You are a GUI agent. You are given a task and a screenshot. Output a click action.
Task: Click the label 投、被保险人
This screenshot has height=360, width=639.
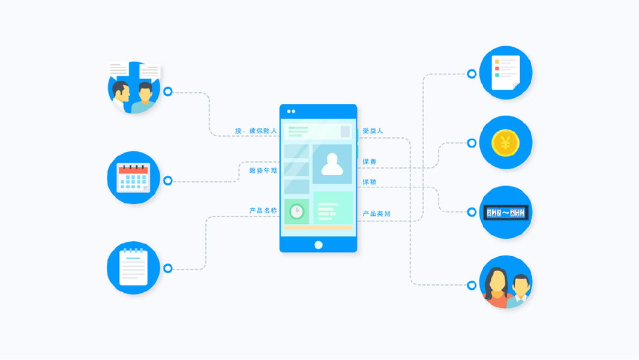pyautogui.click(x=256, y=131)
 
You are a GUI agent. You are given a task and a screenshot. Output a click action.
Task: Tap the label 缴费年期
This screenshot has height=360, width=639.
pyautogui.click(x=263, y=171)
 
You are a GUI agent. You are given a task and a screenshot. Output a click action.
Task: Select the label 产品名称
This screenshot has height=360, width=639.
pyautogui.click(x=263, y=211)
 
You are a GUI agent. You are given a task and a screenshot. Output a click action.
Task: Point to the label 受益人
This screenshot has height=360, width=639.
pyautogui.click(x=373, y=131)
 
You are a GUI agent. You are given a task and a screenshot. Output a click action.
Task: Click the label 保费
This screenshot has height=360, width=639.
pyautogui.click(x=370, y=162)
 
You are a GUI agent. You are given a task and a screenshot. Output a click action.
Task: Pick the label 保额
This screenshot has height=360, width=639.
pyautogui.click(x=370, y=182)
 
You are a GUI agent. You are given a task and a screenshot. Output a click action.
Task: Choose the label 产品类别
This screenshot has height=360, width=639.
pyautogui.click(x=376, y=214)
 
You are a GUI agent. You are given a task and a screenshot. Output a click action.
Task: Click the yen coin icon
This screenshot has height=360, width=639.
pyautogui.click(x=505, y=143)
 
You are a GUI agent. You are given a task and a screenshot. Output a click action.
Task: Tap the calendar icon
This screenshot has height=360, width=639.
pyautogui.click(x=133, y=178)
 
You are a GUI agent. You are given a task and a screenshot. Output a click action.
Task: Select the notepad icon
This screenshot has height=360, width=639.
pyautogui.click(x=133, y=268)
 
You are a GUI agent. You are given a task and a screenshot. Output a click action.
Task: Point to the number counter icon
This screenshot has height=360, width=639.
pyautogui.click(x=506, y=212)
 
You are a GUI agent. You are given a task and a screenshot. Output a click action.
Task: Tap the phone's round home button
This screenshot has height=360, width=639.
pyautogui.click(x=319, y=245)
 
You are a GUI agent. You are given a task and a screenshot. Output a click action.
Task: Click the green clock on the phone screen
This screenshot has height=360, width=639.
pyautogui.click(x=296, y=212)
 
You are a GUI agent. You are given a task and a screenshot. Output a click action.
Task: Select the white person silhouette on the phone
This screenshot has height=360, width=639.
pyautogui.click(x=332, y=164)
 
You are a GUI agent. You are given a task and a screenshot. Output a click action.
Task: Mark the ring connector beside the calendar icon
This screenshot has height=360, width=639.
pyautogui.click(x=168, y=180)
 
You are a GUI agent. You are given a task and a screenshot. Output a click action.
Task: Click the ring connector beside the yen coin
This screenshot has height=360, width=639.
pyautogui.click(x=472, y=143)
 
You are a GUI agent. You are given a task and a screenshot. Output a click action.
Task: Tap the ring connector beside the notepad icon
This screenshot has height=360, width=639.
pyautogui.click(x=168, y=268)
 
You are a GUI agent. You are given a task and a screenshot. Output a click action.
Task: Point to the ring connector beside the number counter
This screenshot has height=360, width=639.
pyautogui.click(x=472, y=212)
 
